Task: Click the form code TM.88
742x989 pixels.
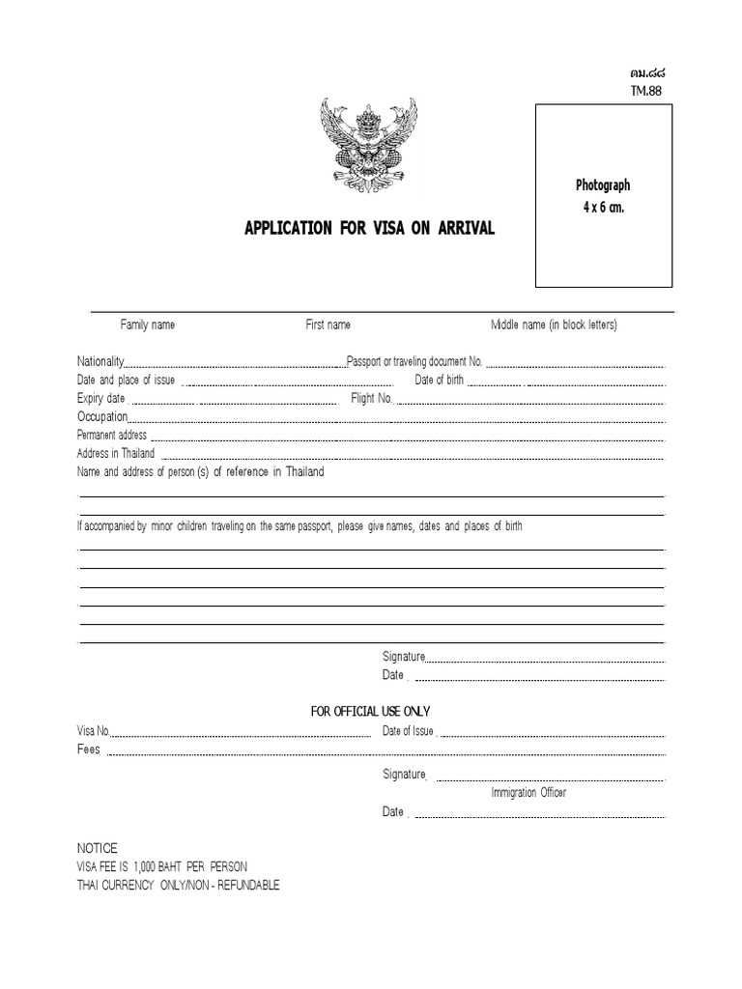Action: [647, 92]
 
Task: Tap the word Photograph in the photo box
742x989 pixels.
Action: [603, 184]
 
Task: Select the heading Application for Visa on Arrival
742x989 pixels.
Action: [369, 229]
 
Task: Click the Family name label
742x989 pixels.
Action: [147, 325]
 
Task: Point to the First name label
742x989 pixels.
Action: [328, 325]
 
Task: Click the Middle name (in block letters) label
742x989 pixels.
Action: [554, 325]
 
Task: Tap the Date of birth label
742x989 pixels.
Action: [440, 380]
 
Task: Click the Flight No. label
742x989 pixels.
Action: [372, 398]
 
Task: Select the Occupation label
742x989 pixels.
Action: [101, 416]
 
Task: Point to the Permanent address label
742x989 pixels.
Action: [112, 435]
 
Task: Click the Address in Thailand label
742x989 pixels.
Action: [116, 453]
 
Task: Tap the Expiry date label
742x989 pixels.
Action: [100, 398]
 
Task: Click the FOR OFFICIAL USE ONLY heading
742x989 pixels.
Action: [370, 712]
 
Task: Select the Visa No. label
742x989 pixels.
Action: [95, 731]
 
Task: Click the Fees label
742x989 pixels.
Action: [89, 750]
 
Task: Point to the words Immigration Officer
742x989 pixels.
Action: [528, 793]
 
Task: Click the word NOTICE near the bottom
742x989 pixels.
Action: [97, 848]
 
